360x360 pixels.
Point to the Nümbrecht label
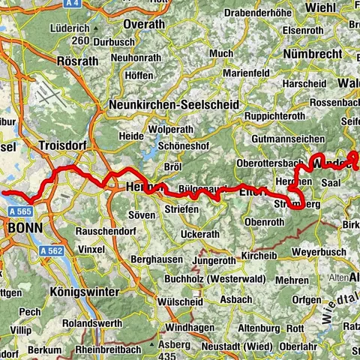tap(314, 54)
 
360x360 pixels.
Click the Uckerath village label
tap(200, 234)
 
